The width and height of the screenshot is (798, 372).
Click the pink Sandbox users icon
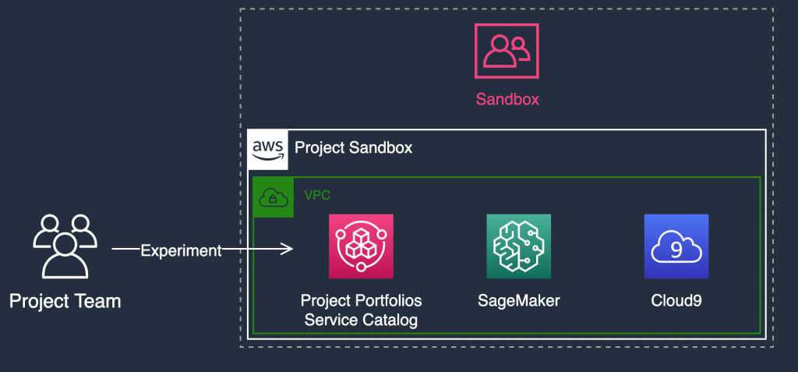coord(507,51)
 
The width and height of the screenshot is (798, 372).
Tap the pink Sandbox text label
coord(507,99)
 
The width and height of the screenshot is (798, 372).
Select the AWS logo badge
coord(267,150)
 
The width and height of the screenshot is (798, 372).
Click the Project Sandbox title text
coord(353,147)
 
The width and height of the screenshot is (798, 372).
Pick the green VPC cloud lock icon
coord(273,197)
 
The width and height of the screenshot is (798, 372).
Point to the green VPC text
coord(316,193)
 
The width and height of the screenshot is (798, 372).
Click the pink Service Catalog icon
coord(361,246)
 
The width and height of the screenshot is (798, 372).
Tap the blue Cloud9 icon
coord(676,246)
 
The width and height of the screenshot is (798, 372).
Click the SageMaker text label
coord(518,300)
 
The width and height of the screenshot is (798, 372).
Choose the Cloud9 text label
coord(676,300)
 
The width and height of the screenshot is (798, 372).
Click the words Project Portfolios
coord(361,300)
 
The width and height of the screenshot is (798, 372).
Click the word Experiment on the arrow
coord(181,250)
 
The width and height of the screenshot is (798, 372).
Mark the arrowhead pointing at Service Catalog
coord(288,250)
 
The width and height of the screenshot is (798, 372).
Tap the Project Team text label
coord(65,300)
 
